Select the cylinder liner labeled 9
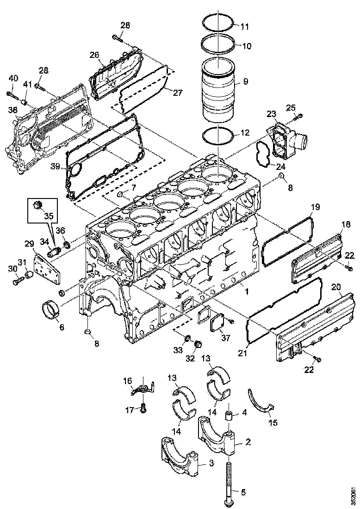coord(217,87)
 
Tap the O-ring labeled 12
coord(218,136)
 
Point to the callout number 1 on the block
coord(247,292)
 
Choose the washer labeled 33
coord(188,342)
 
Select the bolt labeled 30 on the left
coord(17,280)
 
